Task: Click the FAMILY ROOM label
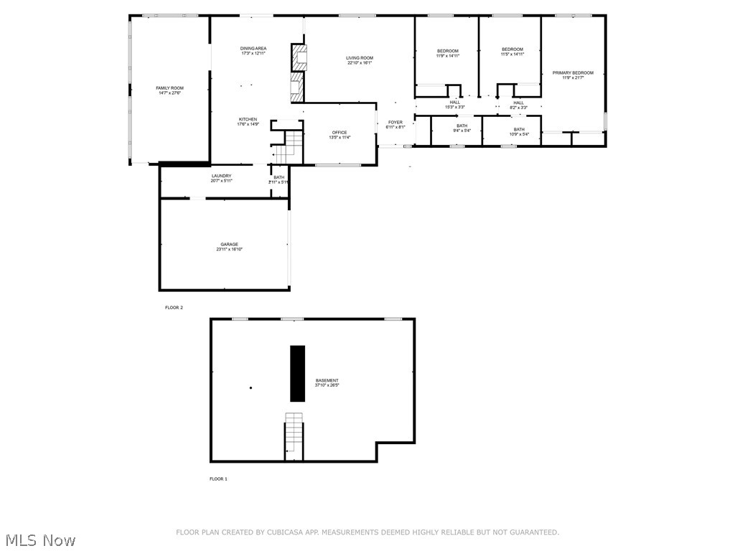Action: point(169,88)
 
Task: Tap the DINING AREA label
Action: point(253,49)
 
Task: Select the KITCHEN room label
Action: point(248,120)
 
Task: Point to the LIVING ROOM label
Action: point(360,58)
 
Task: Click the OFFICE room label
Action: point(340,133)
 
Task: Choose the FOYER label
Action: point(395,123)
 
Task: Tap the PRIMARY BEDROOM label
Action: point(573,72)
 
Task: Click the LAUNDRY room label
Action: point(221,176)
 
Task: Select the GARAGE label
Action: point(230,245)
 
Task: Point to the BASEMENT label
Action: point(327,381)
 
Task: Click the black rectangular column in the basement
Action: point(297,373)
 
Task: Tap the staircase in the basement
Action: point(294,435)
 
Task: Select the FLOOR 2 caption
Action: point(174,308)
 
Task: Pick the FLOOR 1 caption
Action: point(218,479)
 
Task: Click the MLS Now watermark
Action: point(40,540)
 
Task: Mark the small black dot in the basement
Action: point(251,388)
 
